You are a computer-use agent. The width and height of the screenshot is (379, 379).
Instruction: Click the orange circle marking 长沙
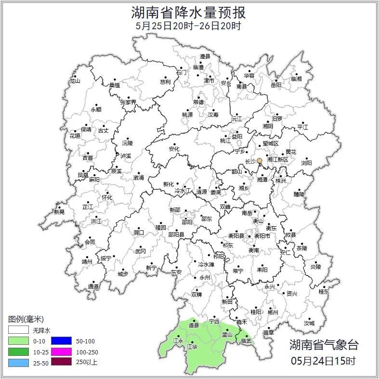(x=260, y=160)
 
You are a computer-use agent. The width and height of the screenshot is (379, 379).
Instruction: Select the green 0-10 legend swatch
(x=18, y=340)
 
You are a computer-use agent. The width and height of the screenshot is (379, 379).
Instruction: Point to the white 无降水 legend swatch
(x=18, y=330)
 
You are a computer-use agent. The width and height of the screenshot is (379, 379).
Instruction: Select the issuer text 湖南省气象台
(x=324, y=345)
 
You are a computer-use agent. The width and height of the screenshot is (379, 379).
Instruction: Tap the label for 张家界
(x=128, y=103)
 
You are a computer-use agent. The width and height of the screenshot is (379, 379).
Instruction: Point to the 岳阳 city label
(x=276, y=86)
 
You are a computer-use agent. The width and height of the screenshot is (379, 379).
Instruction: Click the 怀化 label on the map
(x=107, y=197)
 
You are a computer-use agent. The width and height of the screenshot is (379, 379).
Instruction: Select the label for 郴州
(x=273, y=312)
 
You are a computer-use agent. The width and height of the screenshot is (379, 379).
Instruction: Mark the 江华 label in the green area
(x=192, y=346)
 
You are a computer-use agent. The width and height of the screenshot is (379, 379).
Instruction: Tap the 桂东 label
(x=324, y=292)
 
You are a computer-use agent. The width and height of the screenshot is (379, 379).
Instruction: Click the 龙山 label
(x=75, y=81)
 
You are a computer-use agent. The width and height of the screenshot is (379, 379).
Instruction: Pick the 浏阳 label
(x=306, y=163)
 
